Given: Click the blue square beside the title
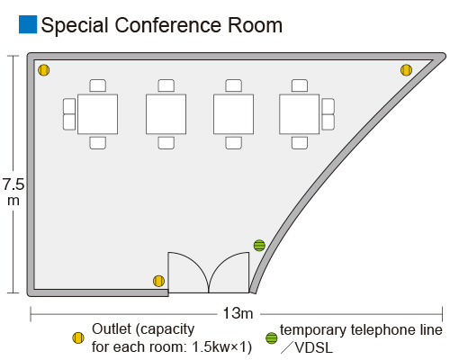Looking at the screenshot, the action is [x=28, y=24].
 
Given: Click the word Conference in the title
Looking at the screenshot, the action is [x=168, y=25].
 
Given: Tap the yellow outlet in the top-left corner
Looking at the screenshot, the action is [x=44, y=70].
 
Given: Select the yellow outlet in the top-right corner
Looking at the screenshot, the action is [x=406, y=70].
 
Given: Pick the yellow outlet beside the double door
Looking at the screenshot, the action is [x=158, y=281].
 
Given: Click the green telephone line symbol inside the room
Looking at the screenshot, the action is [x=259, y=246].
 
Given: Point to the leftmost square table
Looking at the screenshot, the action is [x=97, y=114].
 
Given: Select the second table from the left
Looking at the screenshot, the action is [x=166, y=114].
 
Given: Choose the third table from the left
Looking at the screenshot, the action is [x=233, y=114].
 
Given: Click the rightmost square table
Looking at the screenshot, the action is [x=300, y=114].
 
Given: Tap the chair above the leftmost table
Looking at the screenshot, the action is [x=97, y=85].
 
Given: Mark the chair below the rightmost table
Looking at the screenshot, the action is [x=300, y=143].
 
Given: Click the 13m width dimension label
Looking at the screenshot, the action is [x=238, y=313].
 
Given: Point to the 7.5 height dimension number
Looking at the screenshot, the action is [x=13, y=184].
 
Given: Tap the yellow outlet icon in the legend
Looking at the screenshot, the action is [x=78, y=338].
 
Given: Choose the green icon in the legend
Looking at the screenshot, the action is [x=272, y=338].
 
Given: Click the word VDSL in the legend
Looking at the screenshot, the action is [x=314, y=348].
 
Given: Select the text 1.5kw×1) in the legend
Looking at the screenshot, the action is [x=221, y=347].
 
